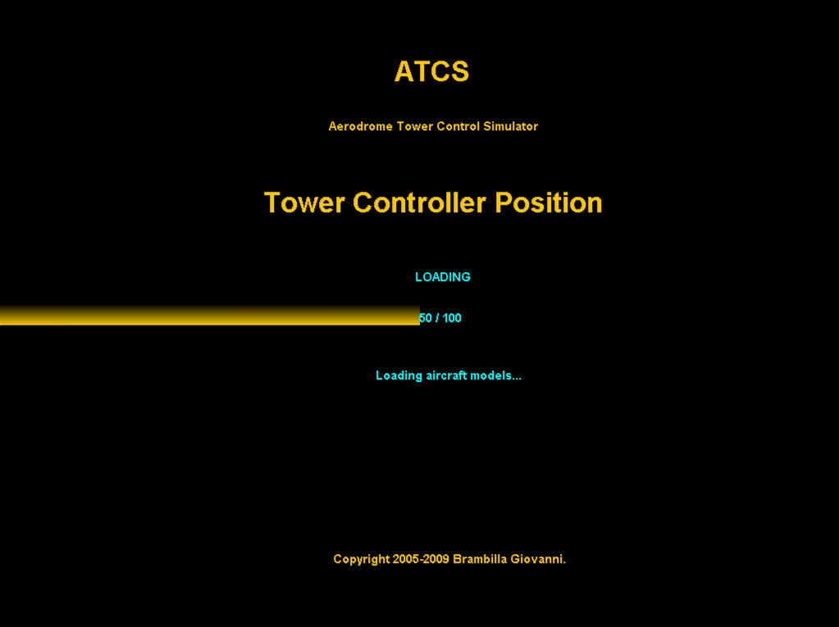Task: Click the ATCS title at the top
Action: coord(432,71)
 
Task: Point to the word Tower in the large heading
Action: coord(304,202)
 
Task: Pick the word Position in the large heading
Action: coord(549,202)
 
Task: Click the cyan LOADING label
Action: coord(443,277)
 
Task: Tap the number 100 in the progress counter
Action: coord(452,318)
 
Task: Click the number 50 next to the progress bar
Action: coord(426,318)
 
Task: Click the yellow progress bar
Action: coord(210,316)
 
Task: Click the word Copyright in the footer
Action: coord(361,559)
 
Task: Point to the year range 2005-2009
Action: coord(421,559)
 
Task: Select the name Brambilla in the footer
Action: coord(480,559)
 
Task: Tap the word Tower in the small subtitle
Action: coord(415,126)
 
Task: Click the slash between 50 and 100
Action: coord(437,318)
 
